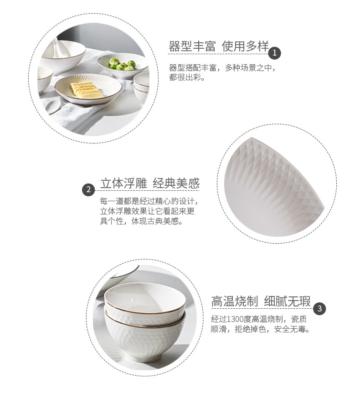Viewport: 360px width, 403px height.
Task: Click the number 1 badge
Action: point(274,53)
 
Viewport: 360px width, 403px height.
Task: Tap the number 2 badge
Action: point(88,190)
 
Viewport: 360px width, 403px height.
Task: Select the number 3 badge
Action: point(319,308)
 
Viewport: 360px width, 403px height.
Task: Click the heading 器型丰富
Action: point(192,46)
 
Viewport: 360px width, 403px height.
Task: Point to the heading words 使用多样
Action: point(245,46)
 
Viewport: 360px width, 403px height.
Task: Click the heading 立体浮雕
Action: point(123,183)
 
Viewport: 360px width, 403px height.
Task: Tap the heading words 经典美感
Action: point(176,183)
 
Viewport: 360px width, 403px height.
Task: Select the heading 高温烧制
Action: point(235,301)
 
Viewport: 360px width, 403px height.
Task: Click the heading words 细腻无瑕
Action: point(288,301)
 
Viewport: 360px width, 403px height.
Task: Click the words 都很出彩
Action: point(185,77)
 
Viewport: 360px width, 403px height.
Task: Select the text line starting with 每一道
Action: point(149,201)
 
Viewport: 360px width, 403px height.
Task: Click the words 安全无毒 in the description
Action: point(290,329)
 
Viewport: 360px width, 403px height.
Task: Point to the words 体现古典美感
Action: point(155,221)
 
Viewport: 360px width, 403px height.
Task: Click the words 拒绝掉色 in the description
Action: point(251,329)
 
